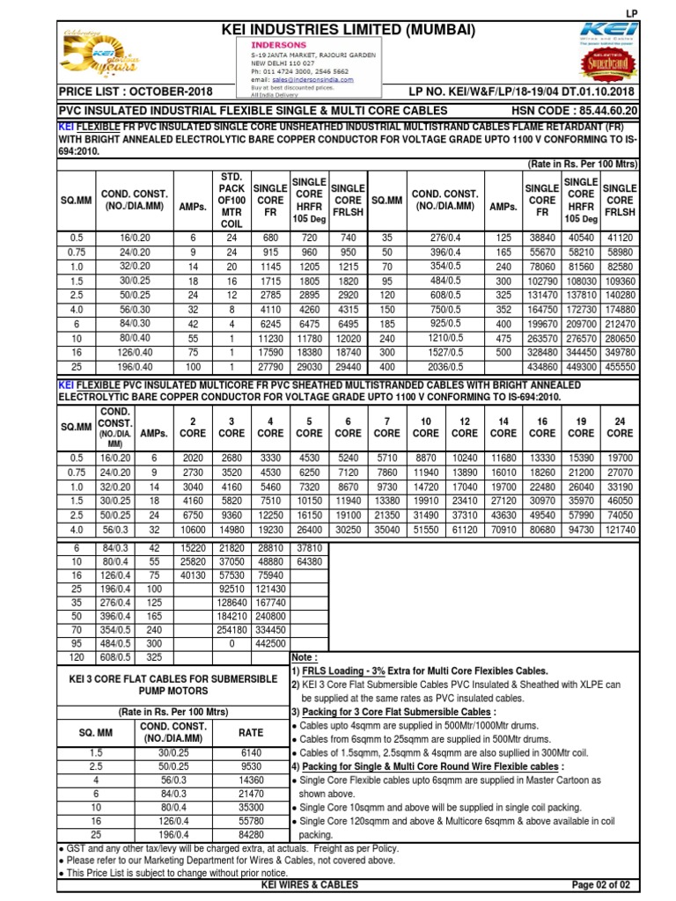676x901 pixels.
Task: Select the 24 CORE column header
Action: pos(620,427)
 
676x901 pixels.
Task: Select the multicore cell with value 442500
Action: pos(271,643)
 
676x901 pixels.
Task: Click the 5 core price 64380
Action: pos(309,560)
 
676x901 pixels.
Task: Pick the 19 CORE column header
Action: pos(581,427)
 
